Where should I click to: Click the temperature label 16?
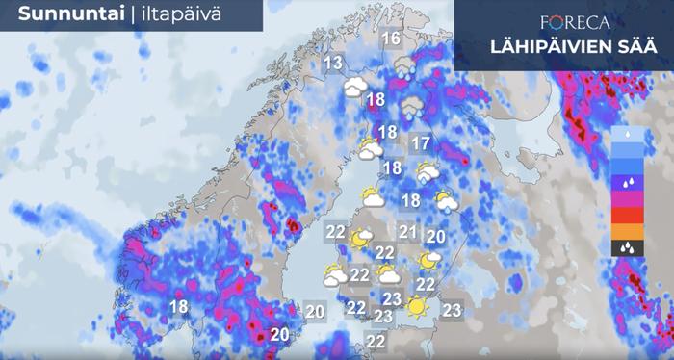[391, 39]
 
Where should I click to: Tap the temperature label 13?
[334, 64]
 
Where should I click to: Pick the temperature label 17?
[420, 145]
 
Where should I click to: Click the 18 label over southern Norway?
[178, 307]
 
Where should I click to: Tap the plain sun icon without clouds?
[416, 308]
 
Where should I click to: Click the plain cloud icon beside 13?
[356, 87]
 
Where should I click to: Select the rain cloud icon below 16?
[406, 67]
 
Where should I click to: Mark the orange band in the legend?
[627, 230]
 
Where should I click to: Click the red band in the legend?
[627, 214]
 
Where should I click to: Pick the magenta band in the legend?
[627, 197]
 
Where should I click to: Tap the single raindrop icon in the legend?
[627, 132]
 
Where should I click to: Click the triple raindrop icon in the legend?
[627, 247]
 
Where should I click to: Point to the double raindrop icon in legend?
[627, 181]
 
